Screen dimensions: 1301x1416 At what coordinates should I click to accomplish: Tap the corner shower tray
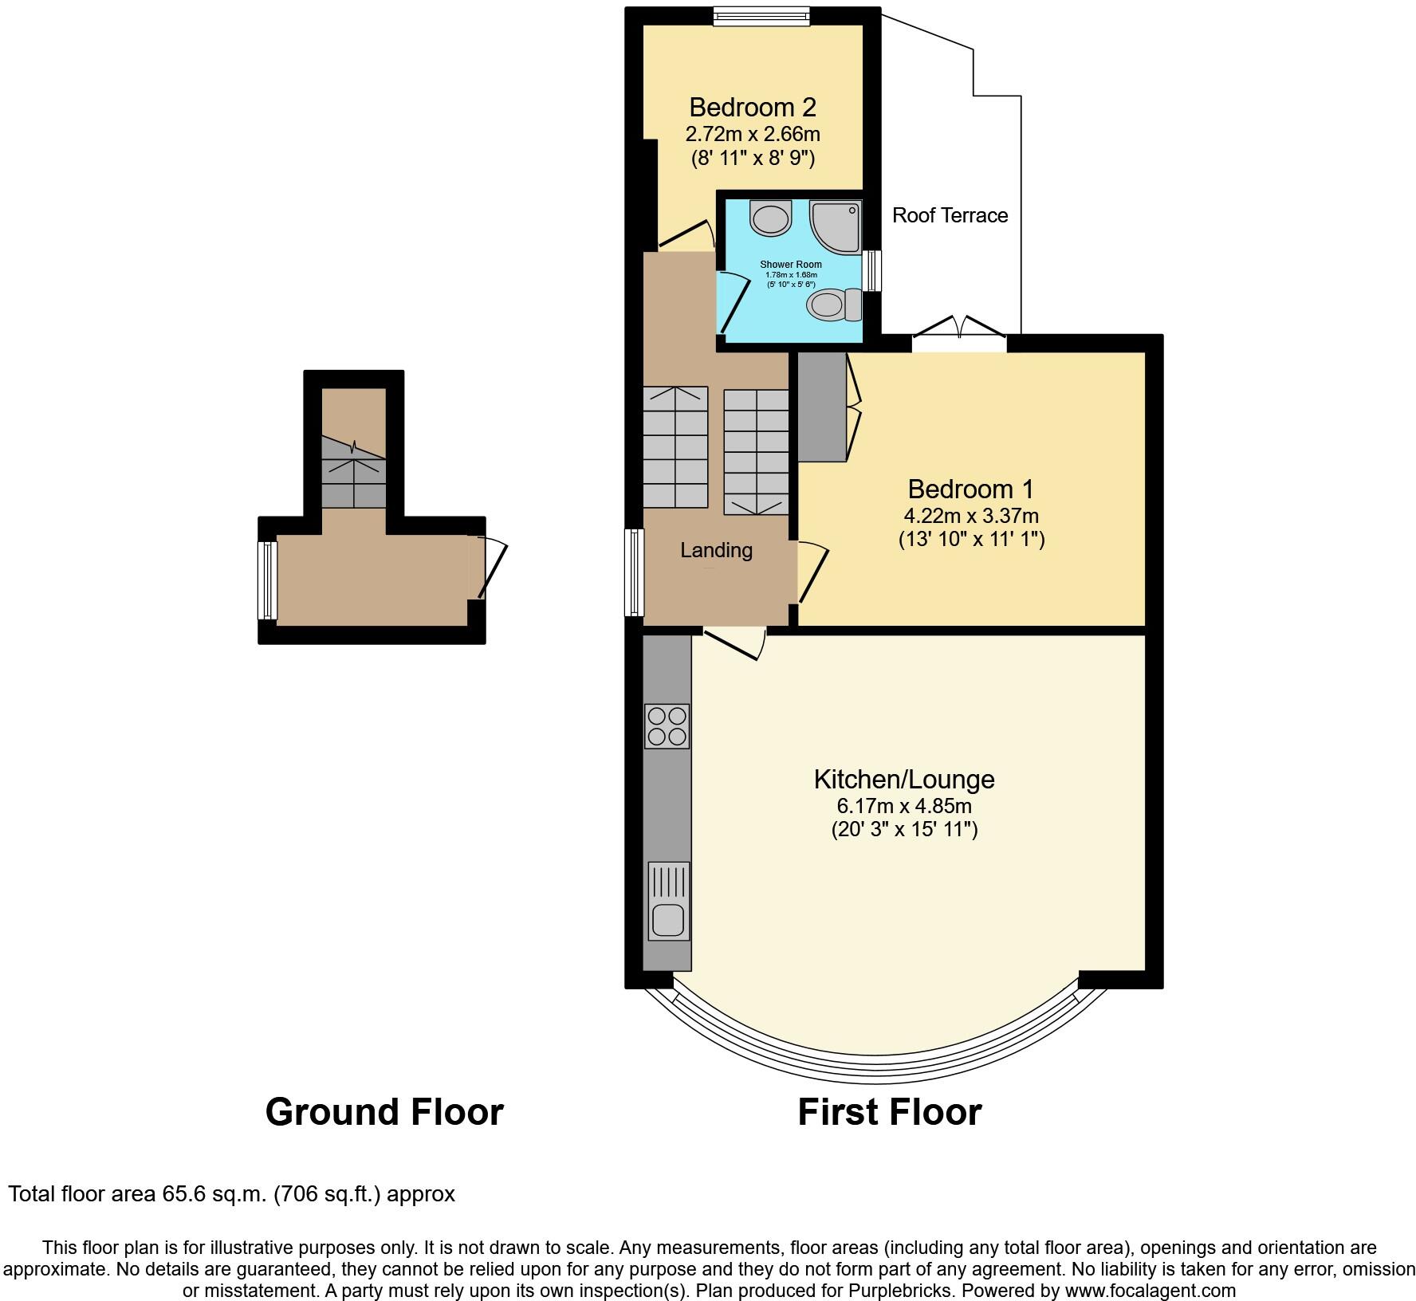(x=836, y=224)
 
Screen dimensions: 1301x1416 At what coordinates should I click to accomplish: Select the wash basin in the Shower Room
(x=771, y=218)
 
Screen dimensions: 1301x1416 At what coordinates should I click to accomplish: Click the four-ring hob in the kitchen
(x=667, y=725)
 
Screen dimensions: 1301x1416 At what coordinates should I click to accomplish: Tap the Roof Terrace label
(x=950, y=215)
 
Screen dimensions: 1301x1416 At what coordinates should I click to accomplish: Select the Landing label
(x=716, y=550)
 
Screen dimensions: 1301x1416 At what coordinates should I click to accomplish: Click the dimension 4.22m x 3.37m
(x=970, y=516)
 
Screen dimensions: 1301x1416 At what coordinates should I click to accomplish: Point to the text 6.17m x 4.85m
(x=903, y=805)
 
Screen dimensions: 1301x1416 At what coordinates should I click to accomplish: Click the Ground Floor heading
(x=384, y=1111)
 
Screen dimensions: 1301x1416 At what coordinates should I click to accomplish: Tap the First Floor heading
(x=889, y=1111)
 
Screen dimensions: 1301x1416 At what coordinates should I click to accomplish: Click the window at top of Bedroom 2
(x=761, y=16)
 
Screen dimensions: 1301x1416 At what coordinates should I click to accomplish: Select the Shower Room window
(x=873, y=271)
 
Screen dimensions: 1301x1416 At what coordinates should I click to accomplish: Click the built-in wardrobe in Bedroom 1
(x=822, y=407)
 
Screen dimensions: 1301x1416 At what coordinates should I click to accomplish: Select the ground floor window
(x=267, y=580)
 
